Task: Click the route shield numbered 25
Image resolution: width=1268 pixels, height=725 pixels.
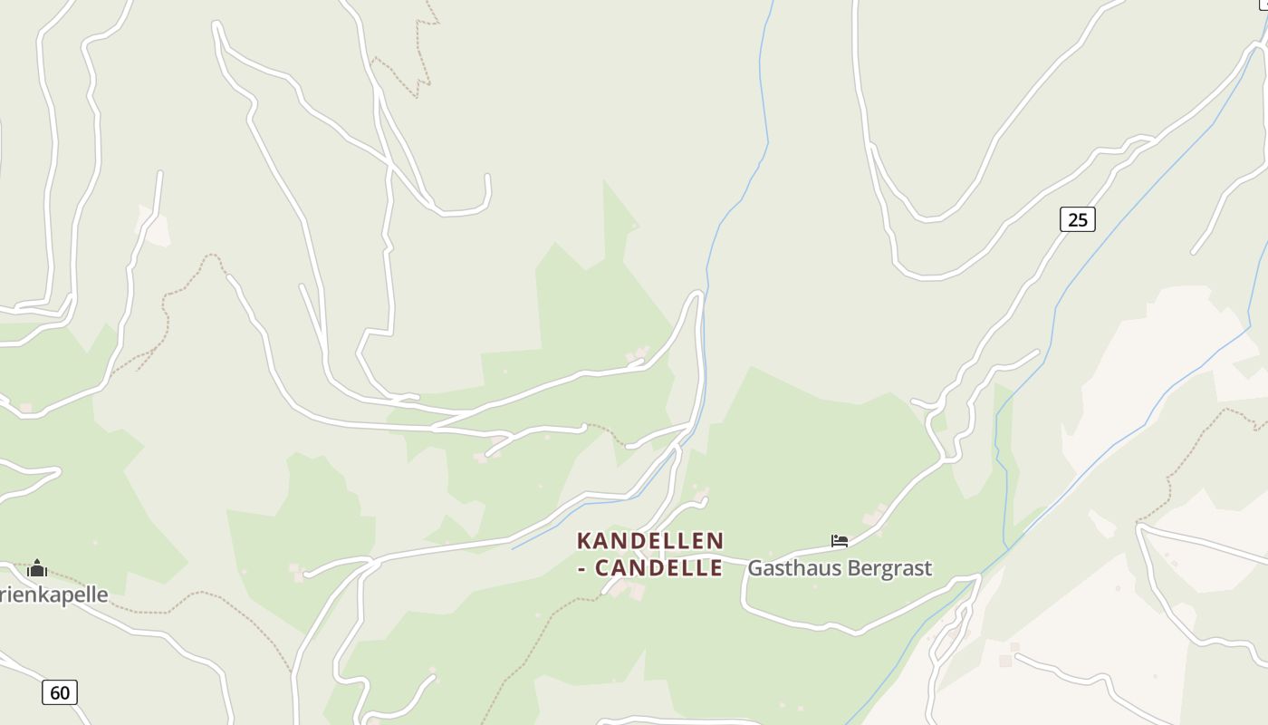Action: point(1077,219)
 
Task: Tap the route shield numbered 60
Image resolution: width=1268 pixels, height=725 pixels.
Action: point(59,693)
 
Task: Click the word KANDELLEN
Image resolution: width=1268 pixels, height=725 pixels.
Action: point(650,541)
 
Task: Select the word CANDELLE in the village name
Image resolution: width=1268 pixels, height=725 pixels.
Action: point(659,568)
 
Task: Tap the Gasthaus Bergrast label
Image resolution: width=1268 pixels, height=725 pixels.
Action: point(839,568)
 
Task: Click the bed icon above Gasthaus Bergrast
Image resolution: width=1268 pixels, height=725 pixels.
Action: point(840,542)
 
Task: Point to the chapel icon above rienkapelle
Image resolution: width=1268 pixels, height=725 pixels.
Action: point(37,568)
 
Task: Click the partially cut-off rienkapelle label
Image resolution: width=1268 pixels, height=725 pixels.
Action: point(54,594)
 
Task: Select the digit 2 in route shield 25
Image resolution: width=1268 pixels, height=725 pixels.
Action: point(1071,219)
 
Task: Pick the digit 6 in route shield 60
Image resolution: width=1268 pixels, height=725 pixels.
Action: point(53,693)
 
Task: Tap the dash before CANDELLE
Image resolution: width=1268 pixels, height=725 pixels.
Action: point(581,569)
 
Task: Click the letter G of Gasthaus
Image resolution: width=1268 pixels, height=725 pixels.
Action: point(754,568)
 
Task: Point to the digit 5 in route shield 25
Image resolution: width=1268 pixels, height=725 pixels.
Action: point(1082,219)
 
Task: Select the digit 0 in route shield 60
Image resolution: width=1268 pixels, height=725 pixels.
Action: point(64,693)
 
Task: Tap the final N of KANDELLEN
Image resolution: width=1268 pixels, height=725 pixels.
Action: point(716,541)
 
